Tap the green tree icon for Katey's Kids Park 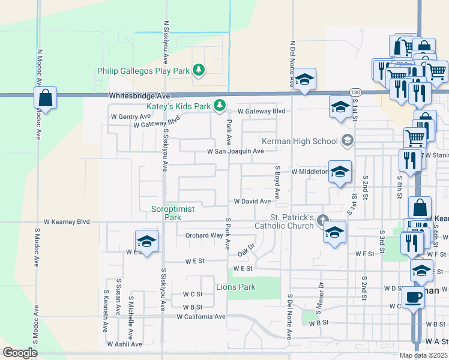[x=220, y=106]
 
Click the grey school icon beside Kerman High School [x=347, y=141]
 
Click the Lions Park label [x=236, y=287]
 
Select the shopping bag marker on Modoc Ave [x=45, y=98]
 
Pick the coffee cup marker [x=412, y=296]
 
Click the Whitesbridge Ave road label [x=140, y=96]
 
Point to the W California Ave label [x=200, y=316]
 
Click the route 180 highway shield [x=355, y=92]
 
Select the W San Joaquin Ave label [x=235, y=152]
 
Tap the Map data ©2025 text [x=424, y=355]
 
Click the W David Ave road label [x=252, y=201]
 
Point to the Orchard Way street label [x=204, y=235]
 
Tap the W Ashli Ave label [x=124, y=344]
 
